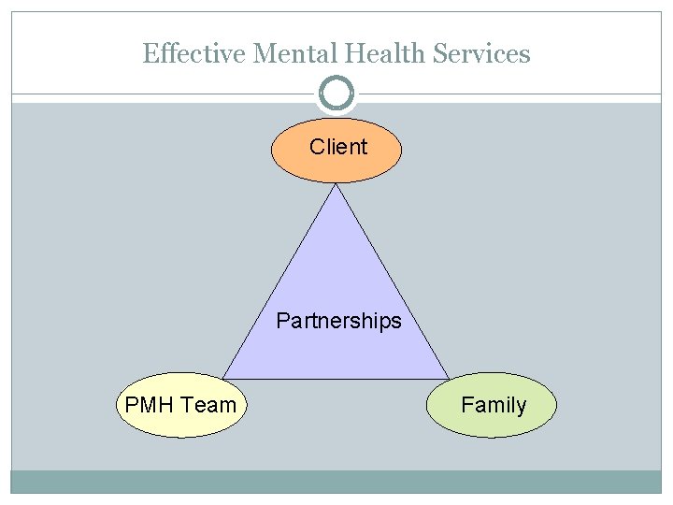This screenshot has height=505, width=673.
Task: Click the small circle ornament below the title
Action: coord(336,94)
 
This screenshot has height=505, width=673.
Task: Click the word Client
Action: coord(338,147)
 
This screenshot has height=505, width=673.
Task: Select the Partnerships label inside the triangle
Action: coord(338,322)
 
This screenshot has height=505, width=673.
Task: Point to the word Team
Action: coord(208,405)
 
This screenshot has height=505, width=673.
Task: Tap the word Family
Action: coord(494,405)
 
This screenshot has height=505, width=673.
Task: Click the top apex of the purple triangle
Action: coord(336,185)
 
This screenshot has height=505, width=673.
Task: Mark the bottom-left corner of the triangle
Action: coord(224,378)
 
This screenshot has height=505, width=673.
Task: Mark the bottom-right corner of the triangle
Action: coord(449,378)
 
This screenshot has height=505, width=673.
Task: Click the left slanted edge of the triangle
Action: coord(280,281)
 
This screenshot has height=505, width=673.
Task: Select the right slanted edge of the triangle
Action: coord(393,281)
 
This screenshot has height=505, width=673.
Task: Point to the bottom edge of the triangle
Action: coord(336,379)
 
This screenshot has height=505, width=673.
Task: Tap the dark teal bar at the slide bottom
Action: coord(336,482)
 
